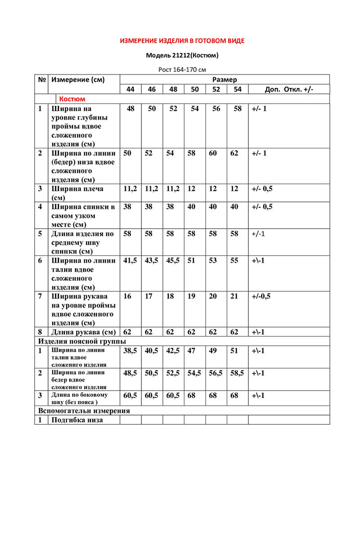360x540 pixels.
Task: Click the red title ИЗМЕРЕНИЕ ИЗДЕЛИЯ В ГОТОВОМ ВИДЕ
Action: coord(182,41)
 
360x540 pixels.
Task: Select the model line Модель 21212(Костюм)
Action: coord(182,56)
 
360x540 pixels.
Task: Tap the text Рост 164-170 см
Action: coord(182,70)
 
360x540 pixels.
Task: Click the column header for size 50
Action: coord(195,89)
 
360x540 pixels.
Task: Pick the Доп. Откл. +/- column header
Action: coord(289,89)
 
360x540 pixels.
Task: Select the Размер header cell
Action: coord(224,79)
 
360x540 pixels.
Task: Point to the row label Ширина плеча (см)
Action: coord(77,193)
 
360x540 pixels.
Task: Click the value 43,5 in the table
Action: coord(152,261)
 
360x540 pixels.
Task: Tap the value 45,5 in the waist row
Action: coord(173,261)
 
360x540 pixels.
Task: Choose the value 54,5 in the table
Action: coord(195,373)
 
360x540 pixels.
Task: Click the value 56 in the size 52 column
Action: coord(216,109)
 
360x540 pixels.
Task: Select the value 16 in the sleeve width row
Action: coord(128,296)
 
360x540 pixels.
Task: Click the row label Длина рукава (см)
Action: coord(83,333)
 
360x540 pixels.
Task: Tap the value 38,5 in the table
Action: coord(130,351)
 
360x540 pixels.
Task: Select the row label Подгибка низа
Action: coord(77,420)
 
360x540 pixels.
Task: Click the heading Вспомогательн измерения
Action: coord(84,410)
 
